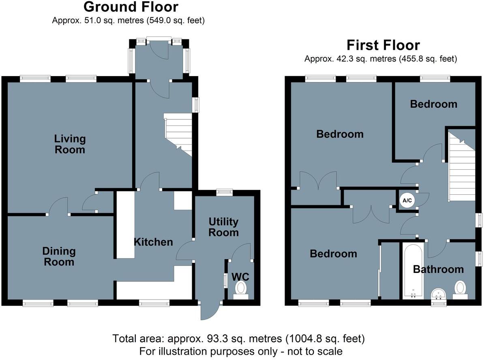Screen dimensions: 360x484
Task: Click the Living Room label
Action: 70,144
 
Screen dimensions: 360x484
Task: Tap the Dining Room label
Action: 59,256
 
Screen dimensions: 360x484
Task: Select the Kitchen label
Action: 153,242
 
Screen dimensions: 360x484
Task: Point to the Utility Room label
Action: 223,227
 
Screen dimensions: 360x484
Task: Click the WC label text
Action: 240,277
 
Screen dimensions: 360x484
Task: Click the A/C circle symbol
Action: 407,200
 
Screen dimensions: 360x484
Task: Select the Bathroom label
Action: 438,269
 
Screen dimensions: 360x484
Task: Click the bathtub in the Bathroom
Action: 413,271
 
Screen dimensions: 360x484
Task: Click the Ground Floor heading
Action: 131,7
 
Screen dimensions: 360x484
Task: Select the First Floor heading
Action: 383,45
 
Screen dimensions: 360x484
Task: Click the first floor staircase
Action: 461,166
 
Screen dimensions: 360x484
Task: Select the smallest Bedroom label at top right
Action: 433,104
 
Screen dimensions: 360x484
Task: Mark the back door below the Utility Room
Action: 210,311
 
